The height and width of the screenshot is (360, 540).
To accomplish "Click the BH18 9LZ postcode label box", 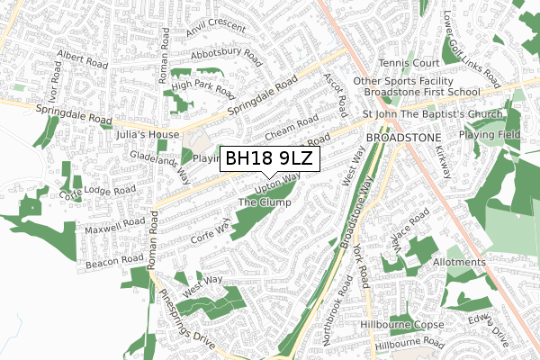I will coord(270,158).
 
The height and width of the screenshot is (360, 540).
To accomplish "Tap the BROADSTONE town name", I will coord(400,139).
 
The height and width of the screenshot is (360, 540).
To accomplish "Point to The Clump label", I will coord(265,203).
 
